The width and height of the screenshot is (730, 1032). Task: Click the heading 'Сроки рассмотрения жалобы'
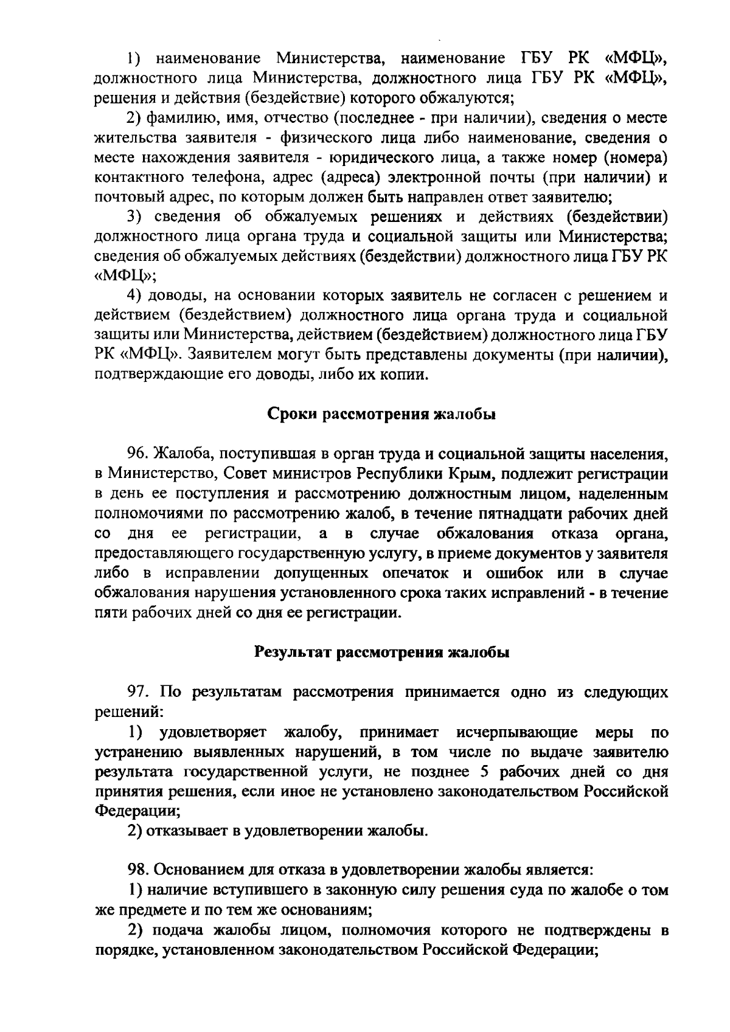[381, 415]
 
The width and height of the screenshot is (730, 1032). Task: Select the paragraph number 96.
[137, 454]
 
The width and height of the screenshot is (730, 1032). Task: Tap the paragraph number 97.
[137, 693]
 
